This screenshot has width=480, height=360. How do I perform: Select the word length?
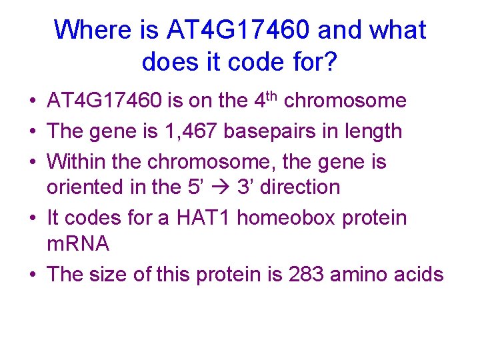click(371, 131)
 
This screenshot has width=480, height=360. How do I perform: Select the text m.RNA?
click(78, 244)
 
